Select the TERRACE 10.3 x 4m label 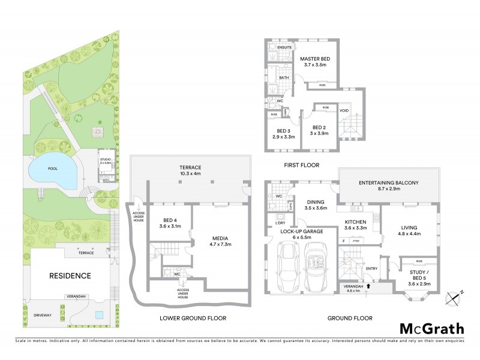(189, 170)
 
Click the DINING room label (315, 205)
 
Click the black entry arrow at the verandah (368, 287)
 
